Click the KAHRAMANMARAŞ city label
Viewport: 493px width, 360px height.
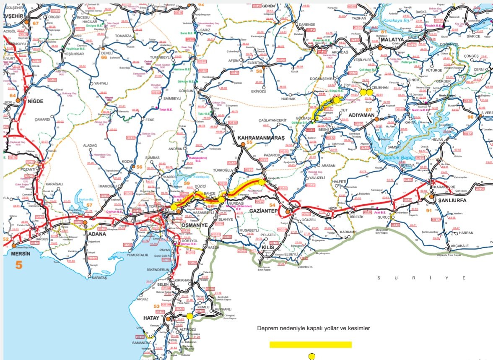point(261,138)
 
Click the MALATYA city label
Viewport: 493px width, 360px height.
point(392,39)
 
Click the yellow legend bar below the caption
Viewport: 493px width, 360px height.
point(310,344)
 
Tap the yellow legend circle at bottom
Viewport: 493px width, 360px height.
point(311,357)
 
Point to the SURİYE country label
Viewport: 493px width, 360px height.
point(421,278)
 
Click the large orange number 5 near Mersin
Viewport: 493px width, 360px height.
point(19,265)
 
